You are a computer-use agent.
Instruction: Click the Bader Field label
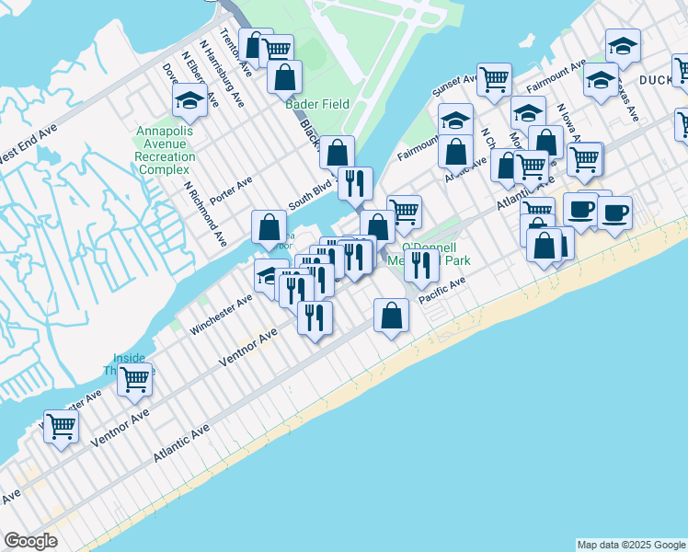pos(317,104)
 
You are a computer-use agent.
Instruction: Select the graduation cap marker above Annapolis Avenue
pos(189,101)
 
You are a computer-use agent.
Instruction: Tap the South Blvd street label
pos(309,195)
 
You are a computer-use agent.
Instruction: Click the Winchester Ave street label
pos(221,315)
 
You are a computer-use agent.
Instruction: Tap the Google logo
pos(30,541)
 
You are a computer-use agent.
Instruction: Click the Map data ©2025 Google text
pos(631,545)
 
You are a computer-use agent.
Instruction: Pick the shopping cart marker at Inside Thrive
pos(134,378)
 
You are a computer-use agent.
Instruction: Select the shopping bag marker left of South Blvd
pos(269,225)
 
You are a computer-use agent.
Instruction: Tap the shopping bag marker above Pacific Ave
pos(391,315)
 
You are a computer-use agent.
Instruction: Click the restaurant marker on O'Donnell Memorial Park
pos(421,266)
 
